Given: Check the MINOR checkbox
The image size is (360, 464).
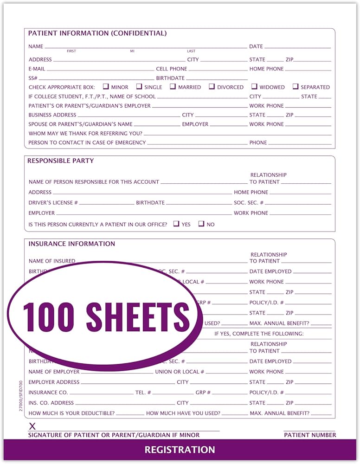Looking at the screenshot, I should pyautogui.click(x=106, y=87).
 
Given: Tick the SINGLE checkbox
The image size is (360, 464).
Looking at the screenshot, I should pyautogui.click(x=139, y=87).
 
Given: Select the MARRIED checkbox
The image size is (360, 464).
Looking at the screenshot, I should pyautogui.click(x=173, y=87).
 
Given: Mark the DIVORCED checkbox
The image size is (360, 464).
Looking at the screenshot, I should pyautogui.click(x=212, y=87).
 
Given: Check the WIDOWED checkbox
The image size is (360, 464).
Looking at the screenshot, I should pyautogui.click(x=254, y=87).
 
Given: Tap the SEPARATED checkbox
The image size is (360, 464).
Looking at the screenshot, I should pyautogui.click(x=296, y=87).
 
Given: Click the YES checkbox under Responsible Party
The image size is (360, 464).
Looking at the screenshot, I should pyautogui.click(x=176, y=224).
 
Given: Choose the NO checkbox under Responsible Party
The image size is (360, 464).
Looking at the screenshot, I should pyautogui.click(x=201, y=224).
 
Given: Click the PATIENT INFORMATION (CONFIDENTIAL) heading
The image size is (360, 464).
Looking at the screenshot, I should pyautogui.click(x=97, y=33).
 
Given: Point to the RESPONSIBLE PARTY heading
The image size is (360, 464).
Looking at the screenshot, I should pyautogui.click(x=61, y=161).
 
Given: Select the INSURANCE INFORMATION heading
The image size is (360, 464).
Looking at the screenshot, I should pyautogui.click(x=72, y=244).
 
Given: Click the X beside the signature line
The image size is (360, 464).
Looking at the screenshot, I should pyautogui.click(x=32, y=426).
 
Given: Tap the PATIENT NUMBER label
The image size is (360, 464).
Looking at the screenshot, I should pyautogui.click(x=310, y=435).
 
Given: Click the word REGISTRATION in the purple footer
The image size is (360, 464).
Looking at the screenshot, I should pyautogui.click(x=180, y=450).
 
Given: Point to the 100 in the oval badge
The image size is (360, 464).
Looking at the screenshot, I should pyautogui.click(x=49, y=316).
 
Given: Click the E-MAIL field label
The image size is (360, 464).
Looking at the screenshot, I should pyautogui.click(x=37, y=69).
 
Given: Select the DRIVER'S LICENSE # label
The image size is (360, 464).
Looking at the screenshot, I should pyautogui.click(x=53, y=203).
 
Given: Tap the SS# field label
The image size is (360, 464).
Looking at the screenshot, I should pyautogui.click(x=33, y=78).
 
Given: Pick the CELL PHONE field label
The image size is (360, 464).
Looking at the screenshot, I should pyautogui.click(x=172, y=69).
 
